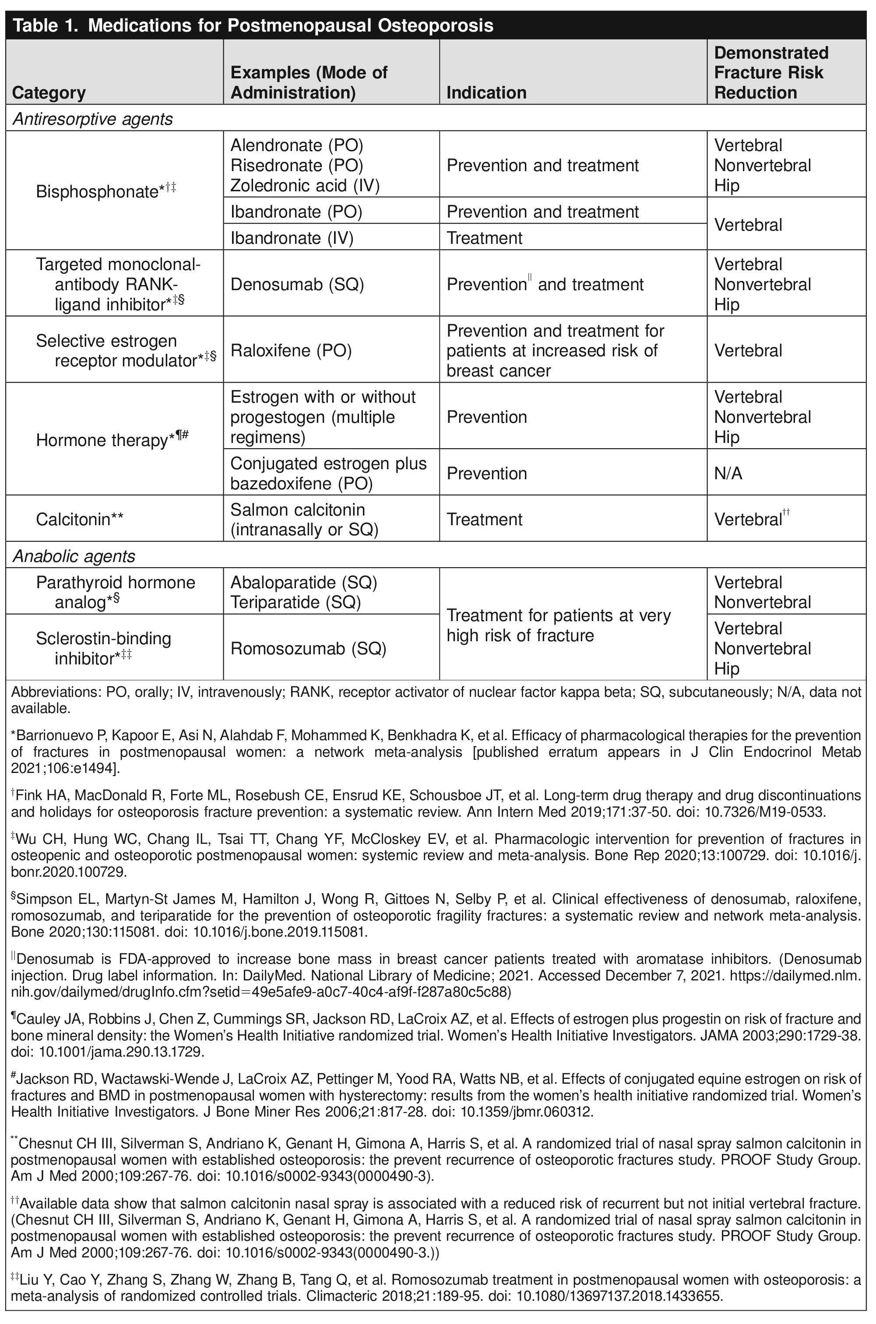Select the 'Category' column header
[x=49, y=93]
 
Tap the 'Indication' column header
[x=486, y=93]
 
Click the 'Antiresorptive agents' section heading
[x=92, y=119]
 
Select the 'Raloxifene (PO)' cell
[x=291, y=351]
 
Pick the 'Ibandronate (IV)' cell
[x=292, y=239]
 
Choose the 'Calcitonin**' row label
[x=79, y=520]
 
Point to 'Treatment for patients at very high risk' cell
[x=558, y=625]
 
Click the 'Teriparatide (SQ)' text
[x=295, y=603]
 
